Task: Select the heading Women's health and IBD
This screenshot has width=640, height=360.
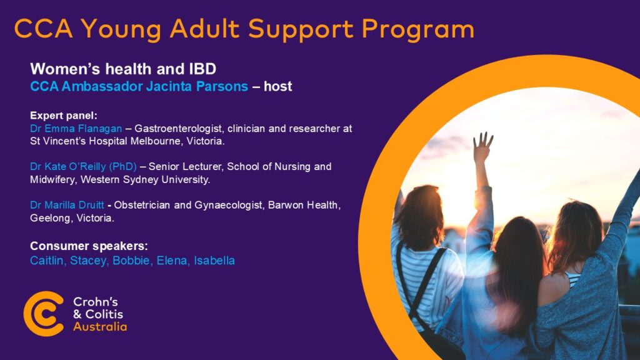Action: (123, 69)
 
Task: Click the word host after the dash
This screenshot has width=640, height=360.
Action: (278, 86)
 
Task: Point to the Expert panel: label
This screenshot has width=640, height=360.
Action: (64, 116)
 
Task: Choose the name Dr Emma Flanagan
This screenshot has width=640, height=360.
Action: (76, 129)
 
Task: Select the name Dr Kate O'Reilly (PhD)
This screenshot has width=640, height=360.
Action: (83, 166)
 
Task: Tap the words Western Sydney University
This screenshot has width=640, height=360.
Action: (145, 179)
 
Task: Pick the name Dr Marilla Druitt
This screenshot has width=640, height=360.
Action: (67, 205)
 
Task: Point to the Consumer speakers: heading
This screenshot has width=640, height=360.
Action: (89, 246)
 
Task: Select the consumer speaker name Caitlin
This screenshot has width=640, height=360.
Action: (46, 261)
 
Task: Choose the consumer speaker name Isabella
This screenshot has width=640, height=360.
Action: (214, 261)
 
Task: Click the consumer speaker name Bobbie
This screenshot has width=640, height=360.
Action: (131, 261)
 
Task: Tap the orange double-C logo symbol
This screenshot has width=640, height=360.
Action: (44, 314)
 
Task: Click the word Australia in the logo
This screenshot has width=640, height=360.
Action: (100, 326)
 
